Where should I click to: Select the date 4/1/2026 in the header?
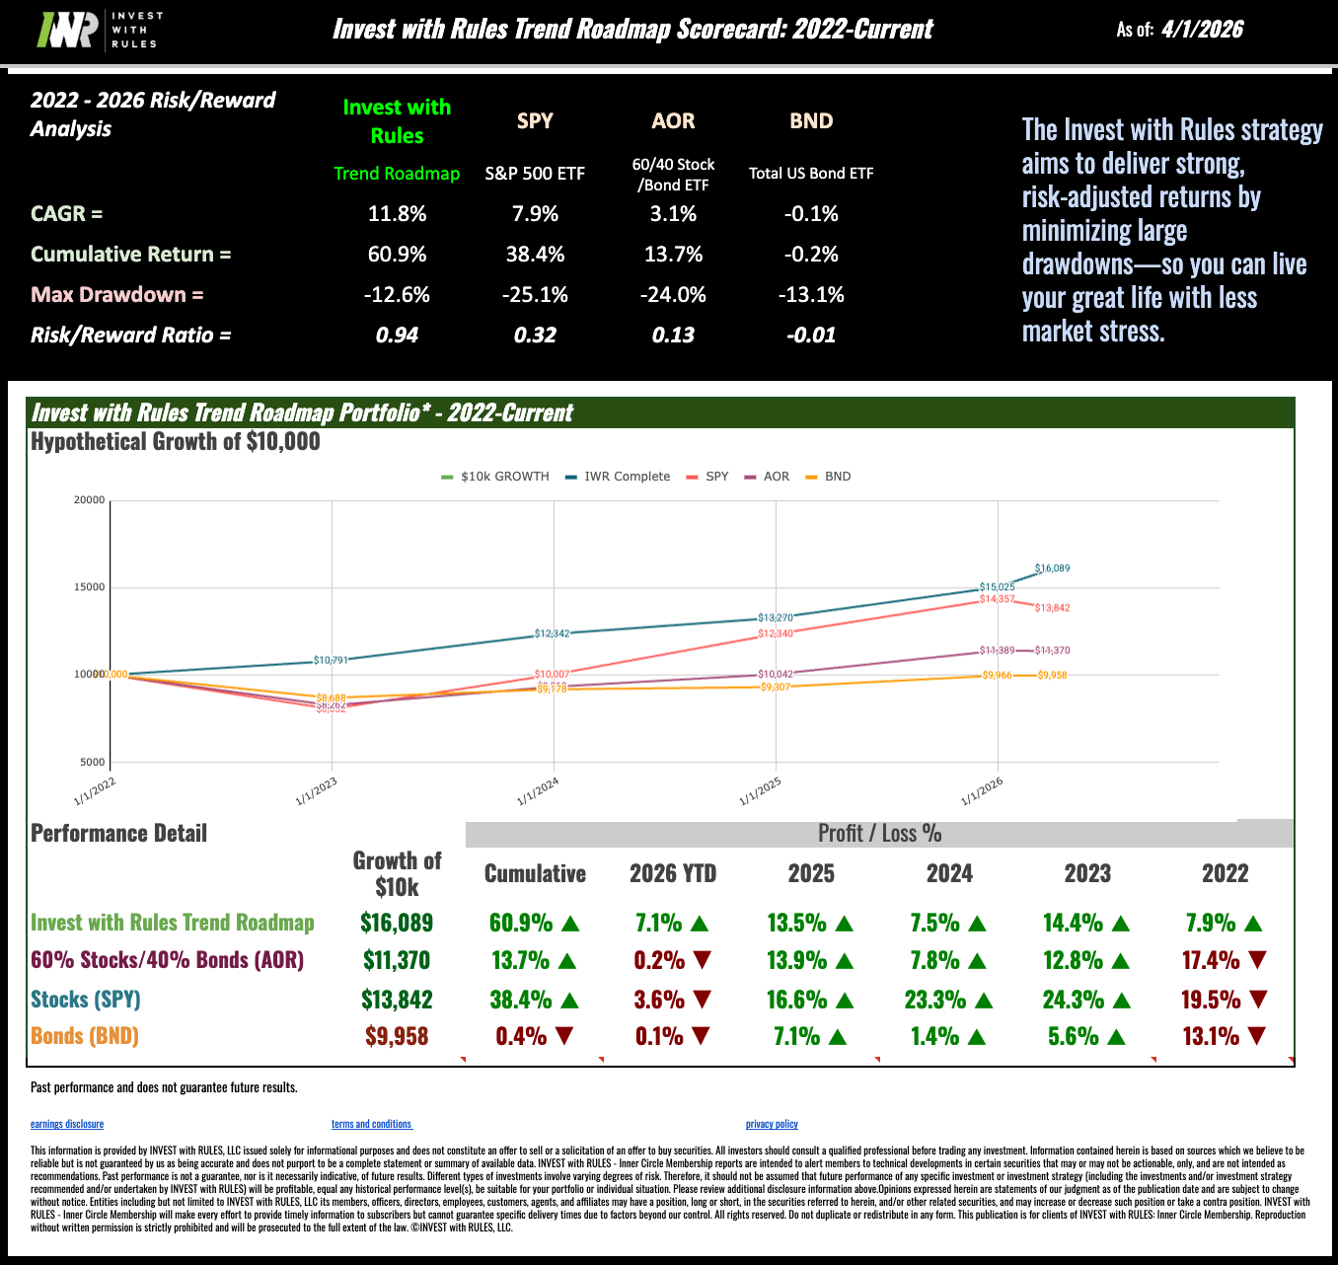click(x=1202, y=30)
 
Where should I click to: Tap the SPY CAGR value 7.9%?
click(x=535, y=214)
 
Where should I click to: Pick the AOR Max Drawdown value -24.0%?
click(x=673, y=295)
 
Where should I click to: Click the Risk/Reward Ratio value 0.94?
click(x=397, y=335)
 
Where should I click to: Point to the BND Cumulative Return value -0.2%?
click(x=811, y=255)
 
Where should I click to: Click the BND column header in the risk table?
click(x=811, y=121)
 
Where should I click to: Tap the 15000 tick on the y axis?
click(x=90, y=587)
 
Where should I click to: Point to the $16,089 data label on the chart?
click(x=1052, y=568)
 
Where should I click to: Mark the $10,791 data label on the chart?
click(x=331, y=660)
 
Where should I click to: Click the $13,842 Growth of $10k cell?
click(x=397, y=1000)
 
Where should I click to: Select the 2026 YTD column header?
click(x=673, y=873)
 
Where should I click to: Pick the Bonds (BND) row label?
click(x=85, y=1036)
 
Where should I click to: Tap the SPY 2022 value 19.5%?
click(x=1211, y=1000)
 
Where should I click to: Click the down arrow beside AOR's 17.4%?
click(x=1257, y=960)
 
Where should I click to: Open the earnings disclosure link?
click(x=67, y=1124)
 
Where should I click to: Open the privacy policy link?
click(x=772, y=1124)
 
